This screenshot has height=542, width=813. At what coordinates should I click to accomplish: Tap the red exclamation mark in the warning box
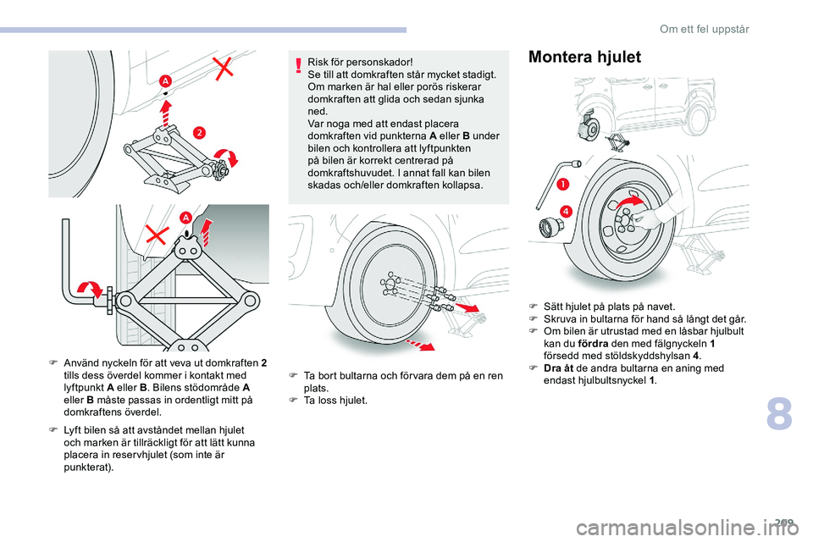click(299, 65)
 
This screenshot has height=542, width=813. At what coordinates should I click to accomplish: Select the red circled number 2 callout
click(199, 132)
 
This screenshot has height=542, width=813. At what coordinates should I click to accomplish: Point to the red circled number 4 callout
click(565, 210)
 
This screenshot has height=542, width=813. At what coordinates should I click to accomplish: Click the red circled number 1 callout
click(562, 184)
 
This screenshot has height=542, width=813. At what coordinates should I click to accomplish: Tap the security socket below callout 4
click(551, 227)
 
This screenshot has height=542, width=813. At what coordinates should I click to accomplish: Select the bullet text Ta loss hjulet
click(335, 400)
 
